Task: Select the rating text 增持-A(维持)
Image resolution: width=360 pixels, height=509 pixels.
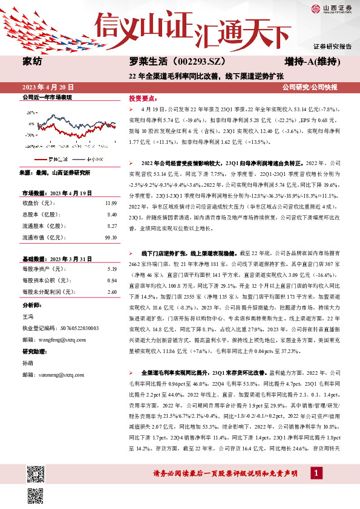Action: [314, 62]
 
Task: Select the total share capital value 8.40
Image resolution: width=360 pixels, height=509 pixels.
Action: [111, 215]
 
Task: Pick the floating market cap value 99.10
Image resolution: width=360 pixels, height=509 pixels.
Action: [110, 238]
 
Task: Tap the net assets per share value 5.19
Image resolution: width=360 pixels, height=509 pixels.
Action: [111, 268]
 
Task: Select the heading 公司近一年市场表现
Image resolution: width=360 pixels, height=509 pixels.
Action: [47, 97]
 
